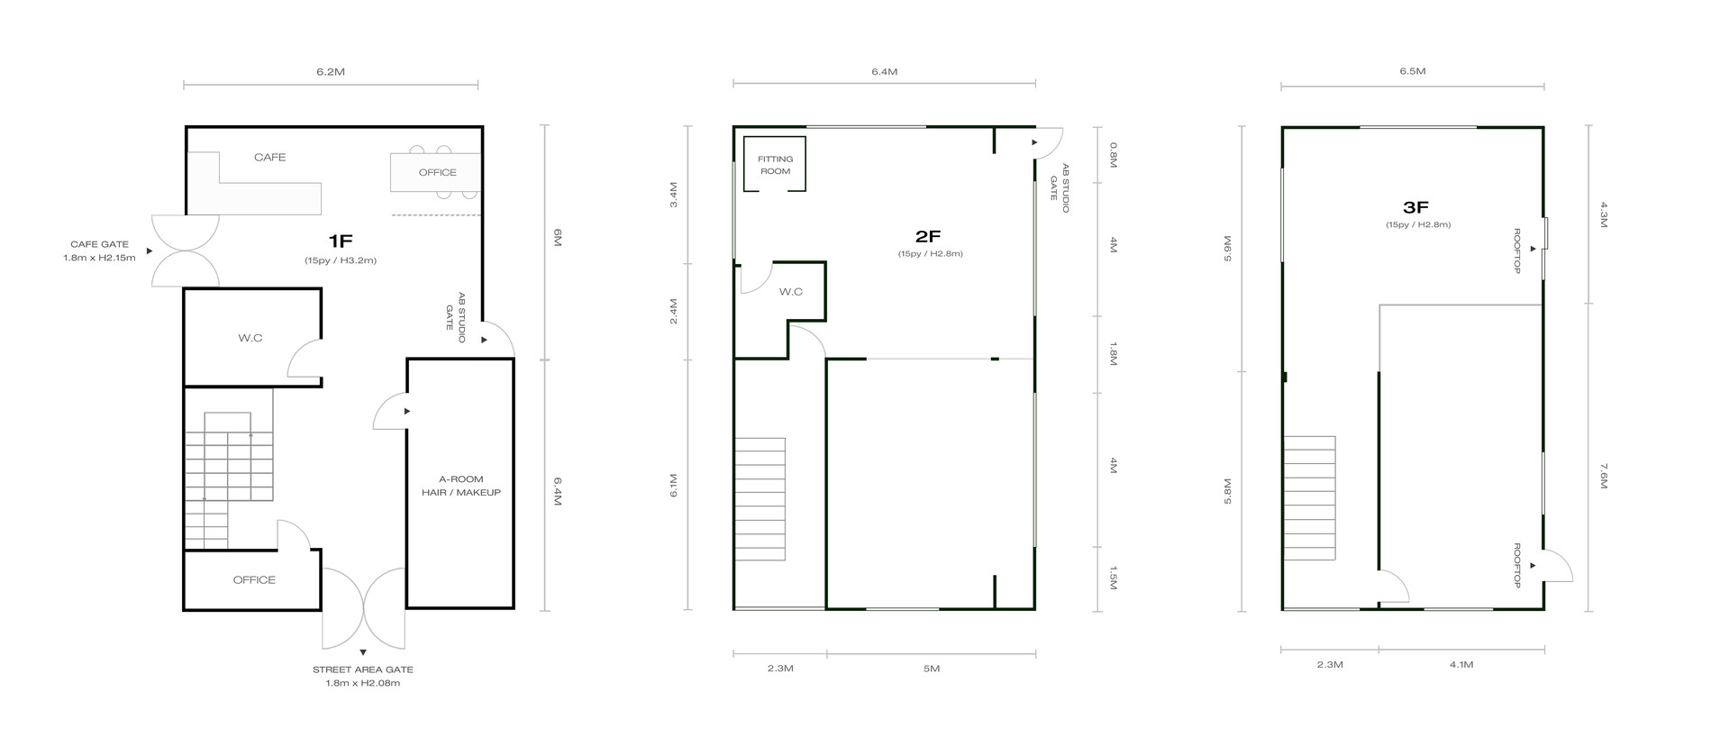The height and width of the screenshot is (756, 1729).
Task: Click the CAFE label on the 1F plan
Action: click(269, 158)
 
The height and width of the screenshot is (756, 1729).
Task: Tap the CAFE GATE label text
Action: click(99, 244)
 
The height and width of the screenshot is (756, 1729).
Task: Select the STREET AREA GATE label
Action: click(362, 669)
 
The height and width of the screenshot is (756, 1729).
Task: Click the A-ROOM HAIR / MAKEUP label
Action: click(460, 486)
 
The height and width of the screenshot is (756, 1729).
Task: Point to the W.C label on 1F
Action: click(250, 338)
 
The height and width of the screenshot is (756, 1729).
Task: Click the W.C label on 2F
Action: click(790, 292)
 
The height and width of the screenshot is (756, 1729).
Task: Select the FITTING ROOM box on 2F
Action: click(775, 164)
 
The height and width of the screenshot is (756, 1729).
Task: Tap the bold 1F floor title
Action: click(341, 241)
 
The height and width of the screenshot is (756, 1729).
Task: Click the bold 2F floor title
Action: click(928, 236)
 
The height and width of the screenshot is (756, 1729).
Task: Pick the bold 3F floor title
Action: click(1416, 207)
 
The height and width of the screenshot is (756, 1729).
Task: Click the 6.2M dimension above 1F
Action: click(331, 71)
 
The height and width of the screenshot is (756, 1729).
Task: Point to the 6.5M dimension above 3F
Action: click(1413, 71)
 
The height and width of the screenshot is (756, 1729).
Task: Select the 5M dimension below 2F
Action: click(932, 669)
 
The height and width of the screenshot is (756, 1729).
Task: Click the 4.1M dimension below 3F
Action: click(1461, 665)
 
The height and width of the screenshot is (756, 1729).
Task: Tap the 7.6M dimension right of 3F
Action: click(1603, 477)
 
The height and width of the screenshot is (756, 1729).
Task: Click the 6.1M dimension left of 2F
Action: click(673, 486)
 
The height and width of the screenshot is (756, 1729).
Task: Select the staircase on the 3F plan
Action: click(1309, 497)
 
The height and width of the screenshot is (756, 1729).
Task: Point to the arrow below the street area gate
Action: click(362, 651)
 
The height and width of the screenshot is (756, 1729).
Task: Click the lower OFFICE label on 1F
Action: click(254, 579)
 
